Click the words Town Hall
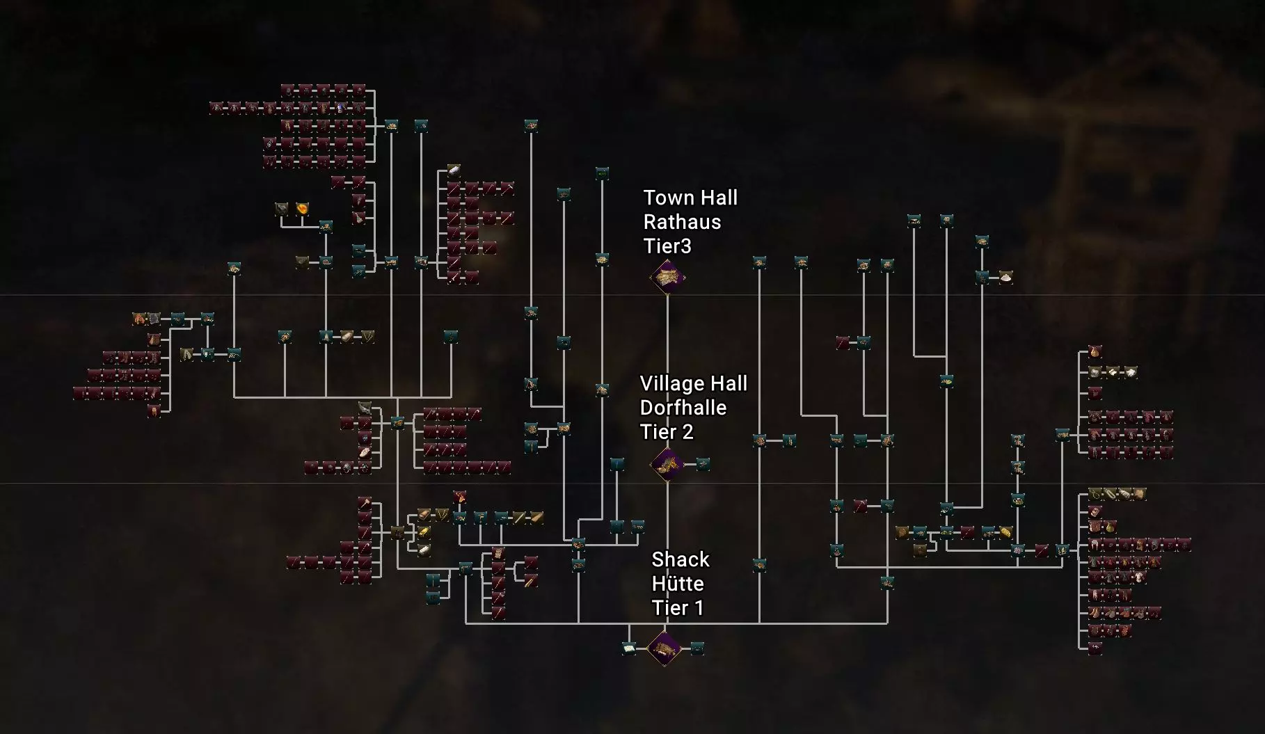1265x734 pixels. [690, 198]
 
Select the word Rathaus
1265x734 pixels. [682, 223]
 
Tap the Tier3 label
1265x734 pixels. [667, 246]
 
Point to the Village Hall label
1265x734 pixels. [693, 384]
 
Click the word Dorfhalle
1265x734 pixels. [683, 408]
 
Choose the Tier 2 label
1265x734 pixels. [667, 432]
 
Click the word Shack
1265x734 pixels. [681, 560]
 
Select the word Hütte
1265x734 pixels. [678, 584]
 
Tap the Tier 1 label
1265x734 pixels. [678, 608]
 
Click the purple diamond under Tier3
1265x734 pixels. [667, 278]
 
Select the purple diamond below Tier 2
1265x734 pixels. [667, 464]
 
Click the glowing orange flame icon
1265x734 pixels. [302, 209]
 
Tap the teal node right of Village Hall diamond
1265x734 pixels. [703, 464]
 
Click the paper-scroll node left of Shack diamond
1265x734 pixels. [629, 649]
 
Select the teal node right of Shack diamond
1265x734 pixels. [697, 649]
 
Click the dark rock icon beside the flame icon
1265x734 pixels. [282, 209]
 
